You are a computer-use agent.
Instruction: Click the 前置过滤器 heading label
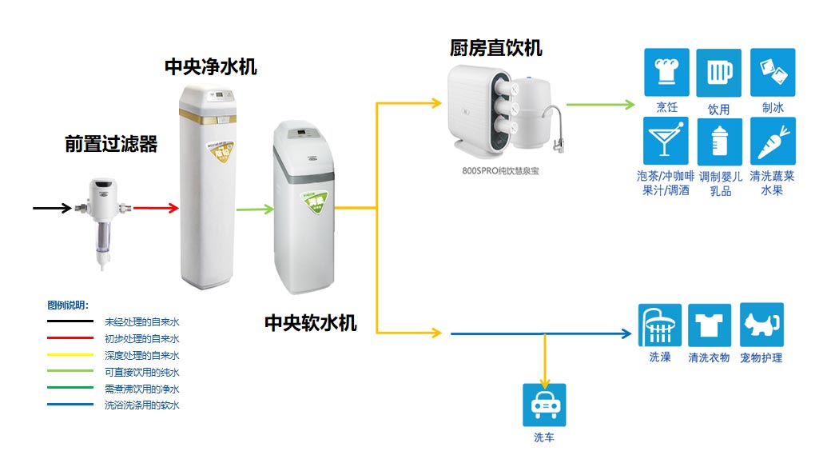[111, 145]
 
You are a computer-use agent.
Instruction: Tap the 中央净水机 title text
[211, 66]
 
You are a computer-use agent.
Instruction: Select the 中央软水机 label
[311, 323]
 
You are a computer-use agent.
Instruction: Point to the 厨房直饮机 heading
[495, 48]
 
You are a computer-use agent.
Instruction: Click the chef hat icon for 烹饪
[666, 72]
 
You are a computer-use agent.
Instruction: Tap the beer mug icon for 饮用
[718, 73]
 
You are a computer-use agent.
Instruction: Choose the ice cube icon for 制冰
[773, 72]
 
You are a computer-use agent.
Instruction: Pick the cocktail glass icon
[666, 142]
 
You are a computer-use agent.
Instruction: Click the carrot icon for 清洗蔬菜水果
[773, 142]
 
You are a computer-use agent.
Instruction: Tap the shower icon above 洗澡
[659, 325]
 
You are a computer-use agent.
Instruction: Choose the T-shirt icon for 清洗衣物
[710, 325]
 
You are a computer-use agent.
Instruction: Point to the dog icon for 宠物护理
[761, 325]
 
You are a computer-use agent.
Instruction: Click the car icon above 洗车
[544, 405]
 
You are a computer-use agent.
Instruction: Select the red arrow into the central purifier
[155, 209]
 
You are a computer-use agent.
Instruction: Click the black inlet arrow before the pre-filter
[53, 209]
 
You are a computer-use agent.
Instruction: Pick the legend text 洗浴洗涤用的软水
[142, 405]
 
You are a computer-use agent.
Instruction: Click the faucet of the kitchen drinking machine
[556, 129]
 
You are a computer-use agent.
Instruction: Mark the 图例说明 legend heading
[68, 305]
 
